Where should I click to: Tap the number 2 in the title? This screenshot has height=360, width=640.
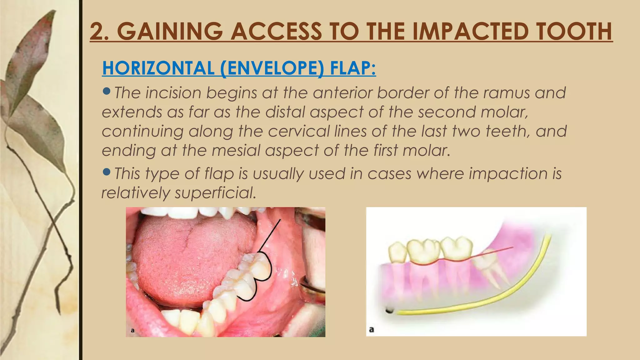point(98,32)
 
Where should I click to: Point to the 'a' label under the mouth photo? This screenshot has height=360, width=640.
point(132,330)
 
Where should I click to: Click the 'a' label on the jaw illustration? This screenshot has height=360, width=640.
point(372,329)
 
